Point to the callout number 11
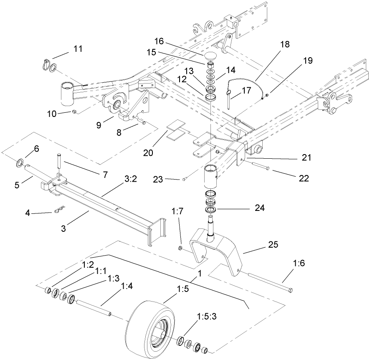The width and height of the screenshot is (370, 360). coord(77,48)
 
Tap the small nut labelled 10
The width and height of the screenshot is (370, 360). coord(73,112)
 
